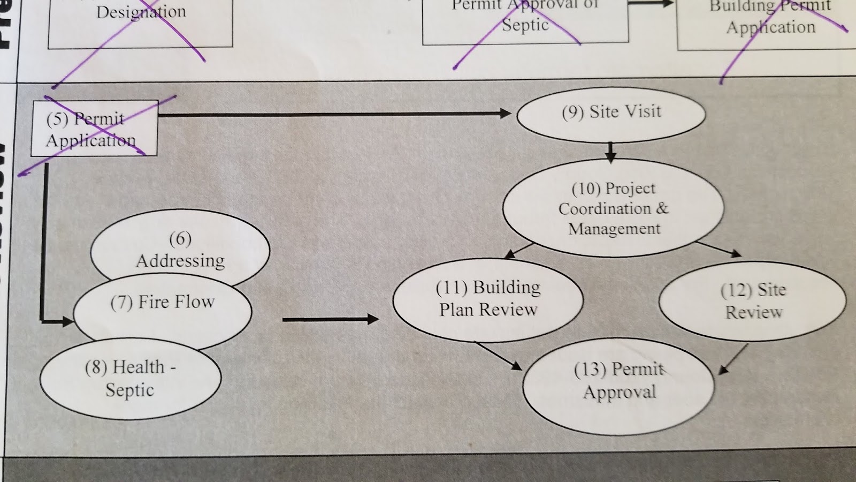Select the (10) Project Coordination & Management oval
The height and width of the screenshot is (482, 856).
click(x=613, y=208)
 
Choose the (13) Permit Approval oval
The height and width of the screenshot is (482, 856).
click(x=619, y=386)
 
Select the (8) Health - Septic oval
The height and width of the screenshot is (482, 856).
click(x=130, y=379)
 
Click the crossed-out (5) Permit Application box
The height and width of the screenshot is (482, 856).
click(x=94, y=129)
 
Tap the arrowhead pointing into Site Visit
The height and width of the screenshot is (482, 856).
click(x=505, y=113)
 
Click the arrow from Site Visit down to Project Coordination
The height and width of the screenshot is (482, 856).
click(x=610, y=152)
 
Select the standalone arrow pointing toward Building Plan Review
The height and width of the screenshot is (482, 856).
click(x=330, y=320)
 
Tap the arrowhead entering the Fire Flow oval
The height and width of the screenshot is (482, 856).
click(x=67, y=321)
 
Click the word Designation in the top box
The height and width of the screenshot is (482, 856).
click(x=141, y=12)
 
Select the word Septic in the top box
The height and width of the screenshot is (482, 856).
click(x=525, y=25)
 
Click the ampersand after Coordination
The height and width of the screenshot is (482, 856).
click(x=662, y=208)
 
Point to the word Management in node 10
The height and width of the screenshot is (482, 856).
click(x=614, y=229)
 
